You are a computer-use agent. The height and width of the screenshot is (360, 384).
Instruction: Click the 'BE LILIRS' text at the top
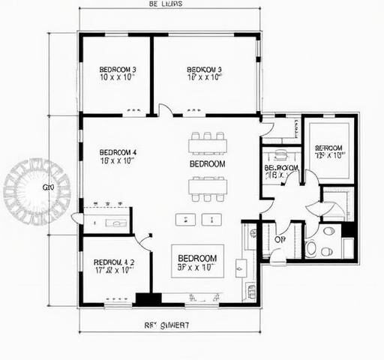166,4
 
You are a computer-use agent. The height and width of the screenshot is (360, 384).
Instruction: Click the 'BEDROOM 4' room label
117,156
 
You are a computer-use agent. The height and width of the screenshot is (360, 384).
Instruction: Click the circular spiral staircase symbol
36,191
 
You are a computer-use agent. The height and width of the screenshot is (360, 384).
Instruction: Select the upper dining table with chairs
208,142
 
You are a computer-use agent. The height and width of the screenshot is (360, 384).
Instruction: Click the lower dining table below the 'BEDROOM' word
208,187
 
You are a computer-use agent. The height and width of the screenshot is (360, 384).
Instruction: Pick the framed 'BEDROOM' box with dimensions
198,260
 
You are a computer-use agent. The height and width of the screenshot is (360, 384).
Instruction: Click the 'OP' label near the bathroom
280,239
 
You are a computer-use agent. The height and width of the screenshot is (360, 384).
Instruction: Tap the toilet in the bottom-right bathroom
311,248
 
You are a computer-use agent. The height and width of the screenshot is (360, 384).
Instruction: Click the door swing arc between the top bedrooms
165,110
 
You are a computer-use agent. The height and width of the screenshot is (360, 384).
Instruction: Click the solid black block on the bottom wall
148,298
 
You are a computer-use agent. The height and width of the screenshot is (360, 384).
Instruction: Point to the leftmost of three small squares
181,219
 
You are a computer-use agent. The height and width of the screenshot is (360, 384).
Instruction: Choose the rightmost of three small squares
217,219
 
